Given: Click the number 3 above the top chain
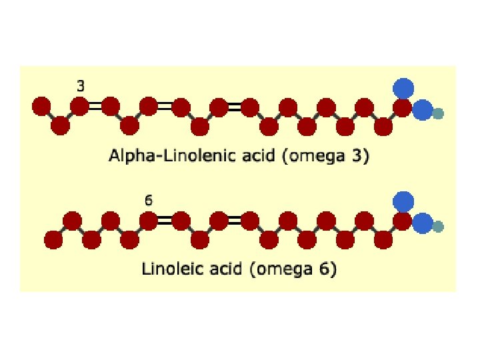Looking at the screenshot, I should click(80, 85).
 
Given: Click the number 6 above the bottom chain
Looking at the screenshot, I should click(148, 199).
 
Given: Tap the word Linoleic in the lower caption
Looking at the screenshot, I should click(167, 270).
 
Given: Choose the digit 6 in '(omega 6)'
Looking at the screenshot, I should click(328, 270).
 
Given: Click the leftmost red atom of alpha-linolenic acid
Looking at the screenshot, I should click(41, 105).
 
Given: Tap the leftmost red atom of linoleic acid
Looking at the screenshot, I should click(53, 239).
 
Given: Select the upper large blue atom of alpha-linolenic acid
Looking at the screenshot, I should click(403, 87).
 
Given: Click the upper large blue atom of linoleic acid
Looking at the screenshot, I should click(403, 201).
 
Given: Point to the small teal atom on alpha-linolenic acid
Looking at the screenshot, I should click(438, 114).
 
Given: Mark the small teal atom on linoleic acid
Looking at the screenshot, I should click(438, 227).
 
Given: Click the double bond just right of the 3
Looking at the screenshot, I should click(95, 105).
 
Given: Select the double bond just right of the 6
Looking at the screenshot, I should click(165, 220).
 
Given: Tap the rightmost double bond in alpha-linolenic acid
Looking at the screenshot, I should click(234, 105).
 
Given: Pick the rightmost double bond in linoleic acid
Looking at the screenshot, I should click(234, 220).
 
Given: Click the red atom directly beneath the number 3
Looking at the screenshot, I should click(79, 105).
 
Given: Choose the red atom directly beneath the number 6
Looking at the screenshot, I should click(148, 220).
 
